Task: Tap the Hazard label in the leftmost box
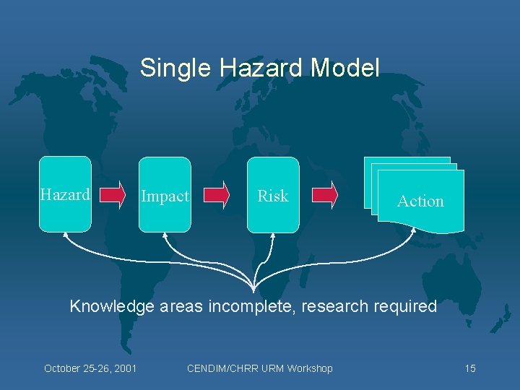65,194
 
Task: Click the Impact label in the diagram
165,196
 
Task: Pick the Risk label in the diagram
273,196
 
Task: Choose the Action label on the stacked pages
420,201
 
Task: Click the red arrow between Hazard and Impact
112,195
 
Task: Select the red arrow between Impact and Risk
217,195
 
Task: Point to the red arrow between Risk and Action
324,195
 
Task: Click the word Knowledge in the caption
112,306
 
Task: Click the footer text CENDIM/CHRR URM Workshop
260,368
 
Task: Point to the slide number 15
470,368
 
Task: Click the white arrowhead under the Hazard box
65,235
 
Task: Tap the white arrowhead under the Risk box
272,235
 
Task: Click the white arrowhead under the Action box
415,232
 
